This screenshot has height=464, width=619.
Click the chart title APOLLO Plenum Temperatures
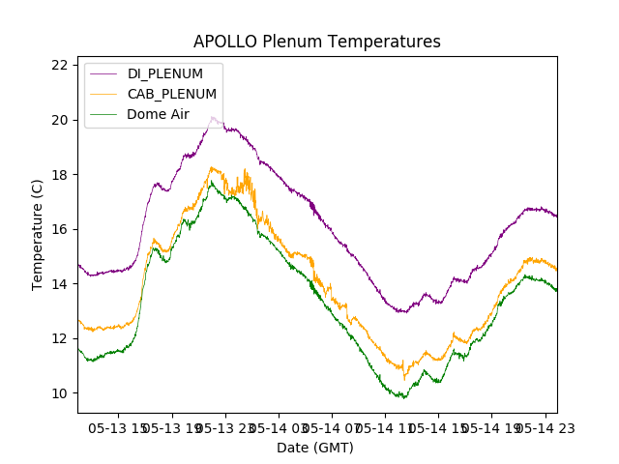[x=316, y=42]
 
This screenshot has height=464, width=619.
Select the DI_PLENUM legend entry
[x=165, y=73]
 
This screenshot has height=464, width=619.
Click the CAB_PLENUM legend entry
[x=172, y=94]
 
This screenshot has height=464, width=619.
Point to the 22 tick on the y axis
[x=60, y=65]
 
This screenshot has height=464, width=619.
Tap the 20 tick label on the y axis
[x=60, y=120]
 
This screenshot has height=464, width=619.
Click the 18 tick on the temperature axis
[x=60, y=174]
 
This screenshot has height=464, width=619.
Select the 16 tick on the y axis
[x=60, y=229]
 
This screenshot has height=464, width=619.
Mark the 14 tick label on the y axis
[x=60, y=283]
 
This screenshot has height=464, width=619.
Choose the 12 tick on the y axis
[x=60, y=338]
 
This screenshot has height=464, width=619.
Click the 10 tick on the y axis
[x=60, y=392]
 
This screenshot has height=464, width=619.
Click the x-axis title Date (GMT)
[x=315, y=448]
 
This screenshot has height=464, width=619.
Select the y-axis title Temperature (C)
[x=39, y=234]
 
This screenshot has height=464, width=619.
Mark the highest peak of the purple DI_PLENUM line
[x=213, y=117]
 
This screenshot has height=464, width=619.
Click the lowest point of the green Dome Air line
[x=404, y=397]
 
